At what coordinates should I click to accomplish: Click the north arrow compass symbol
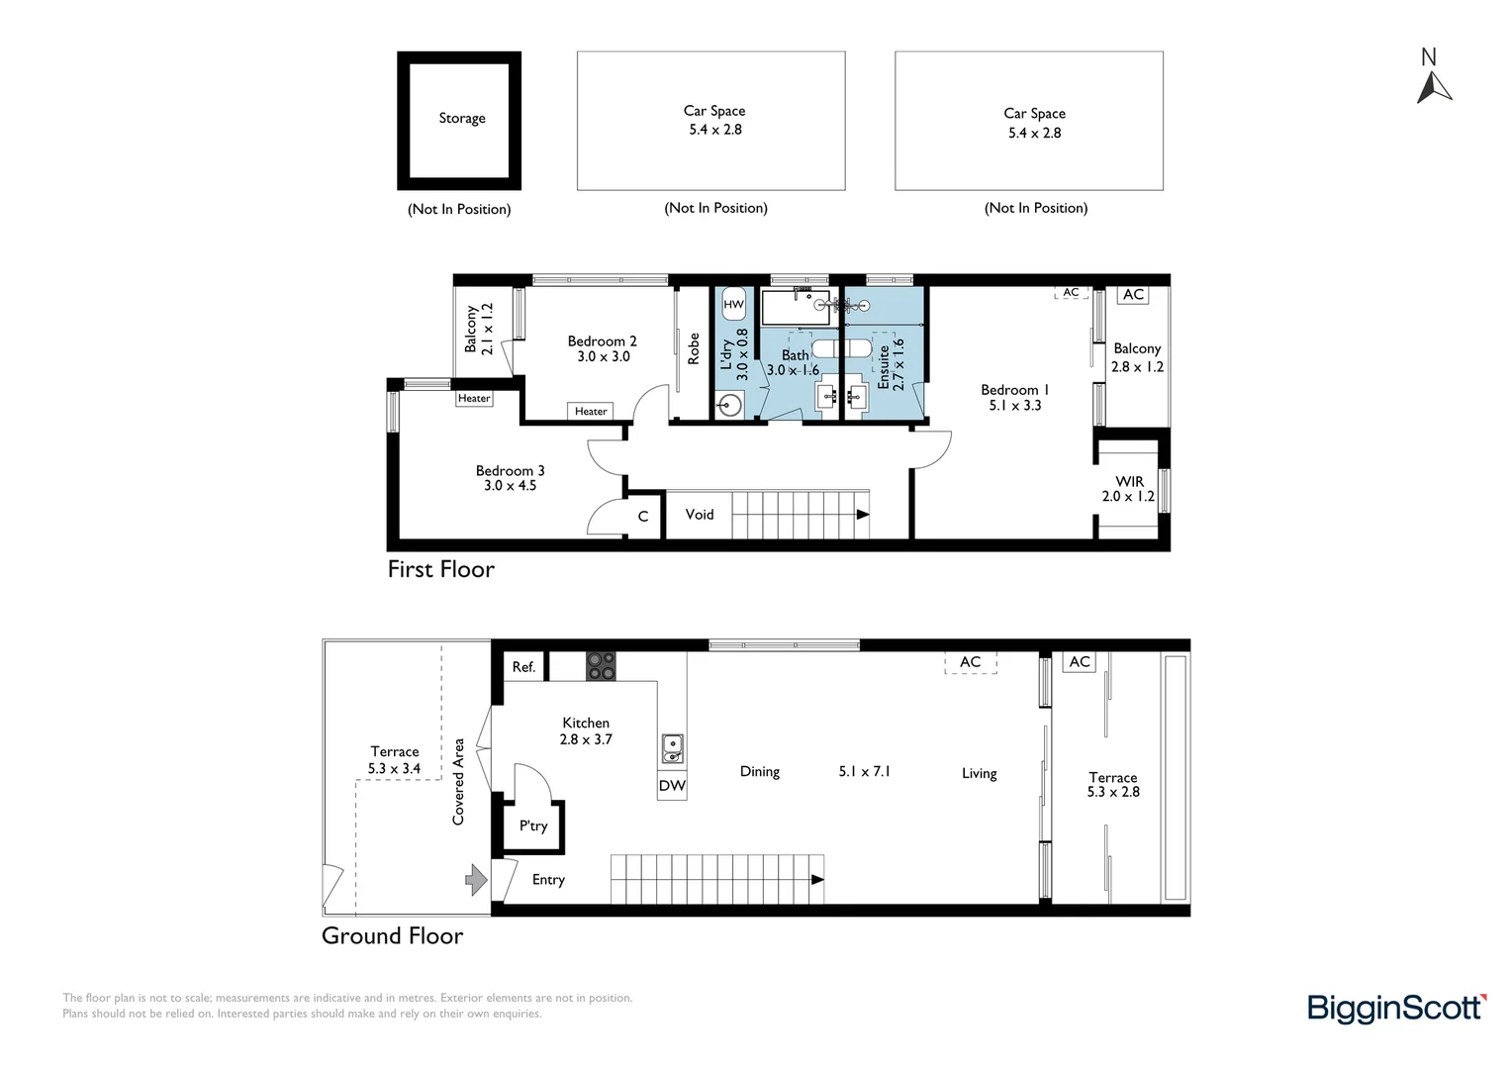pos(1433,87)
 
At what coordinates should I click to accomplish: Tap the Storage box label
pos(462,118)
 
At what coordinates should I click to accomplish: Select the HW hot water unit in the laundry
pos(733,304)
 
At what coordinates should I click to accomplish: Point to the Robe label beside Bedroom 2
pos(694,348)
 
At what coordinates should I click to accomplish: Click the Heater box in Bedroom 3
pos(474,398)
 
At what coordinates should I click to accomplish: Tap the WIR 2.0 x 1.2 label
pos(1128,489)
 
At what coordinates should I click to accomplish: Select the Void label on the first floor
pos(700,515)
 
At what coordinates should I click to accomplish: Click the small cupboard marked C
pos(643,517)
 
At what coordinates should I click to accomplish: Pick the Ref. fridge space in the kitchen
pos(523,667)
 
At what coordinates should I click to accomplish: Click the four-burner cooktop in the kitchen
pos(601,666)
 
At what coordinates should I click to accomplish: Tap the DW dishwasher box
pos(672,786)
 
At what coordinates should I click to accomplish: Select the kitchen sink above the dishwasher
pos(672,748)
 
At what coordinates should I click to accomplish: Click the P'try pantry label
pos(533,826)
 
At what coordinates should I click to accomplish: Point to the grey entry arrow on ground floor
pos(477,879)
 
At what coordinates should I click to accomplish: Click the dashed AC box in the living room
pos(970,662)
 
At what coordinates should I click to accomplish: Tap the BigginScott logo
pos(1396,1009)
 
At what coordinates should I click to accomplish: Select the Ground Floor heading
pos(392,936)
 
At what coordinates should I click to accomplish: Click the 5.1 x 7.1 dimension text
pos(864,771)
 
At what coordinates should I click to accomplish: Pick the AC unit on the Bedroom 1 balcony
pos(1133,295)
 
